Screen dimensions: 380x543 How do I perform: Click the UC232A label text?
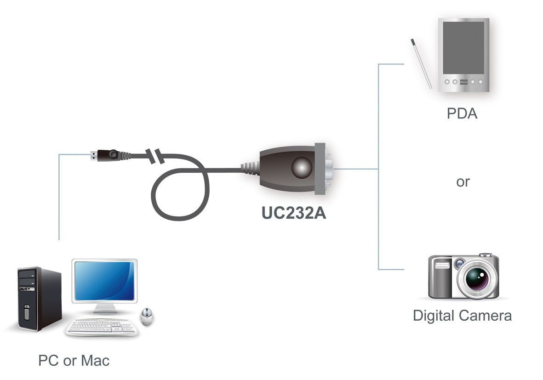[x=293, y=213]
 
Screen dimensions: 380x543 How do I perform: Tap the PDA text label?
[x=462, y=113]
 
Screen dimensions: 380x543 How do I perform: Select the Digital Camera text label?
[x=462, y=316]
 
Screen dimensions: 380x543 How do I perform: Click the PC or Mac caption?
[x=74, y=360]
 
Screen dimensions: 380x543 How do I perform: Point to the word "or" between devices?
[x=463, y=182]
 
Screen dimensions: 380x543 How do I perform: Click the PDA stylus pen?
[x=421, y=64]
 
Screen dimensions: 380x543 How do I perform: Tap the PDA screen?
[x=463, y=47]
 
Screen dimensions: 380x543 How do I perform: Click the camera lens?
[x=476, y=278]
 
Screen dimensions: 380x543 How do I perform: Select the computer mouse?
[x=147, y=317]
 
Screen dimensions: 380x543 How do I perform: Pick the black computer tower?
[x=39, y=299]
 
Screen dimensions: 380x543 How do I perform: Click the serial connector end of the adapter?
[x=327, y=168]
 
